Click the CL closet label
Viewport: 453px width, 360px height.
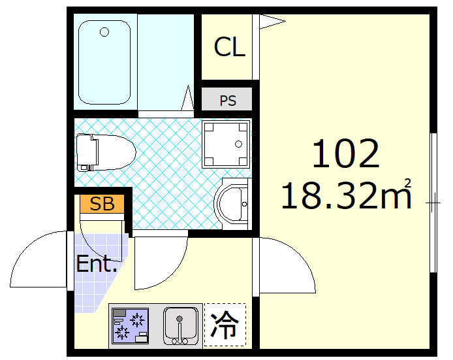pyautogui.click(x=229, y=47)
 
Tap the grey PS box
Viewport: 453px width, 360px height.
pyautogui.click(x=226, y=101)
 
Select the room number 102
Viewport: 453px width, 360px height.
pyautogui.click(x=345, y=154)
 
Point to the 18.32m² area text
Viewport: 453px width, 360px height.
pyautogui.click(x=346, y=195)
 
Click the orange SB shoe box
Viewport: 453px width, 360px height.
pyautogui.click(x=102, y=204)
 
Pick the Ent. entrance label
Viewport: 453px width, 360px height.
pyautogui.click(x=97, y=265)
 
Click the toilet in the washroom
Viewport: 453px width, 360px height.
pyautogui.click(x=104, y=152)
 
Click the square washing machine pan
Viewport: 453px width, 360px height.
pyautogui.click(x=225, y=142)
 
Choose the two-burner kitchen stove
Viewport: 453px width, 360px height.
pyautogui.click(x=130, y=325)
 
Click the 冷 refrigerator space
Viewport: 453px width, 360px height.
pyautogui.click(x=225, y=325)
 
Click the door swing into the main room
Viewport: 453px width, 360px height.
pyautogui.click(x=287, y=265)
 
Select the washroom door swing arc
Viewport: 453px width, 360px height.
pyautogui.click(x=160, y=261)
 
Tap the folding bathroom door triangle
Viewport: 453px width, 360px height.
pyautogui.click(x=188, y=99)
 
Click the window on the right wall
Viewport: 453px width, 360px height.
pyautogui.click(x=433, y=203)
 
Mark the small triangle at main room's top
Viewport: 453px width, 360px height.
pyautogui.click(x=272, y=22)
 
